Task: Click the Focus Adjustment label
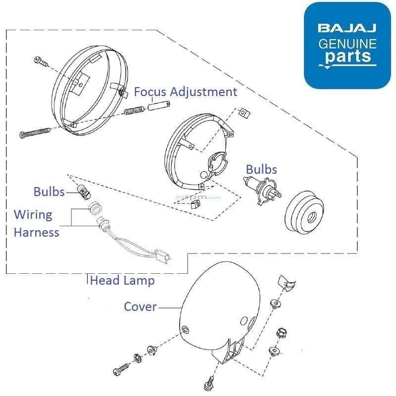[186, 92]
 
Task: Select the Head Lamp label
[122, 281]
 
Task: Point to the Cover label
[140, 307]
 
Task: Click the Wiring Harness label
[36, 223]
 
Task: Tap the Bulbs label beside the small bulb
[49, 192]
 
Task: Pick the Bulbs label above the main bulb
[261, 169]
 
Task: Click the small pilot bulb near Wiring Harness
[83, 188]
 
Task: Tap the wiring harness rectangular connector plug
[163, 258]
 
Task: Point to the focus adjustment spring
[134, 113]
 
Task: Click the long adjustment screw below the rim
[36, 133]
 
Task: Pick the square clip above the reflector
[243, 113]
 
